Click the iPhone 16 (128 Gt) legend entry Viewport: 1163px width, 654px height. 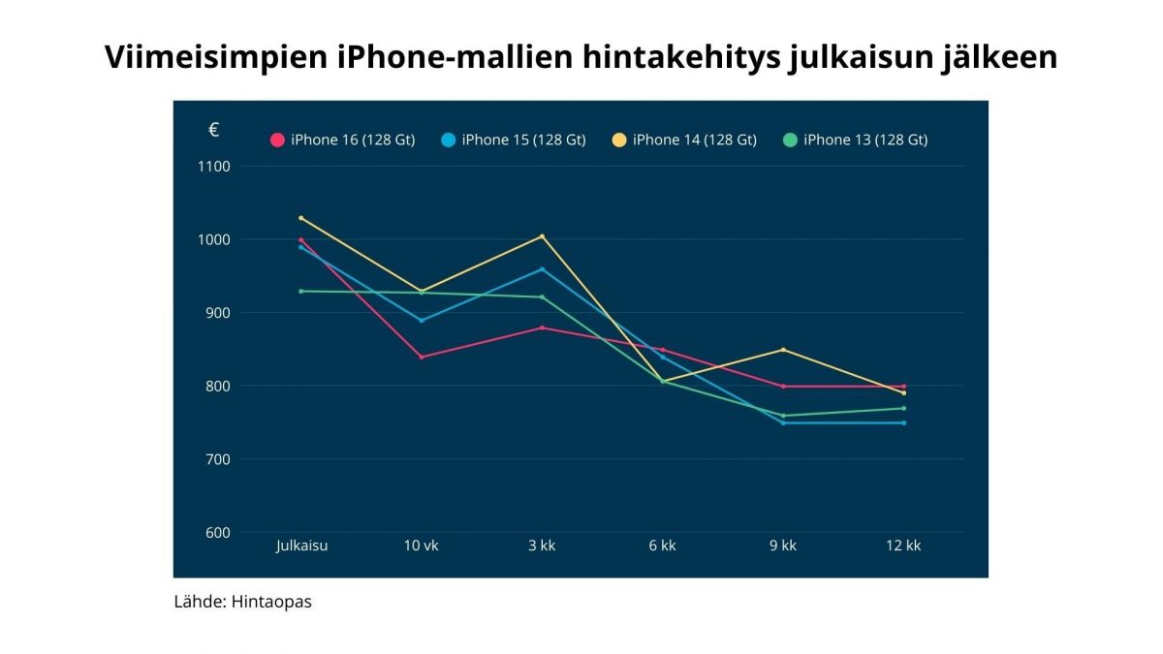[343, 140]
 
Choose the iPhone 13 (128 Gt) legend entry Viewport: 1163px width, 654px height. [856, 140]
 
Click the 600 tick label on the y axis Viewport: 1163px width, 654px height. [216, 532]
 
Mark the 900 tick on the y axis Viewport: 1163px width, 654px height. [216, 313]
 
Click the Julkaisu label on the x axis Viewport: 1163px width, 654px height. [301, 545]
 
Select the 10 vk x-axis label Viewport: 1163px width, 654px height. [422, 545]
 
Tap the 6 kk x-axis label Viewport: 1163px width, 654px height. [662, 545]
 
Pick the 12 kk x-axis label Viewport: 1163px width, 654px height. [903, 545]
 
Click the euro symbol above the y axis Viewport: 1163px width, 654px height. [213, 131]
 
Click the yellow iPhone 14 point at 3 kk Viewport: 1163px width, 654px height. [542, 236]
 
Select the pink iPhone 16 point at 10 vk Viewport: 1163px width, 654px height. [422, 358]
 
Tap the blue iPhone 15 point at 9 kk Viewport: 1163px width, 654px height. [783, 422]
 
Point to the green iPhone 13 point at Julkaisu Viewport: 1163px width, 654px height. [301, 291]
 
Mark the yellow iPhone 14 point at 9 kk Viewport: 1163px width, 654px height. [783, 350]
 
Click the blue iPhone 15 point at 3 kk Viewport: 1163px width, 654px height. [542, 269]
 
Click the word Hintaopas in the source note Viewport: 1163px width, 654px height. [271, 602]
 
